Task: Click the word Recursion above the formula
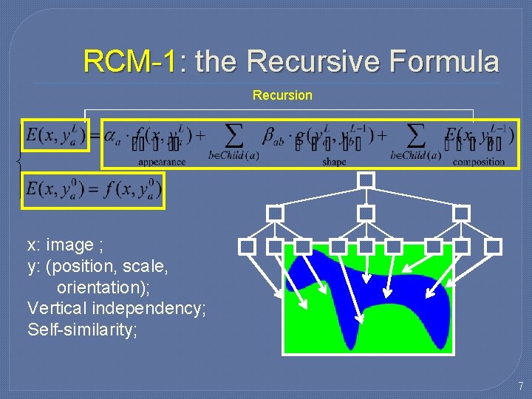(282, 95)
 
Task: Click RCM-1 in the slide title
(129, 61)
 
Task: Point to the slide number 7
(520, 386)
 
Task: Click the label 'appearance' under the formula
(161, 162)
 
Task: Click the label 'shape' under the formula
(334, 162)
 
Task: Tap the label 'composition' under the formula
(478, 162)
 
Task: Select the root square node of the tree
(366, 180)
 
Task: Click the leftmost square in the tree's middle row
(275, 213)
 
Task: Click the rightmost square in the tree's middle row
(461, 213)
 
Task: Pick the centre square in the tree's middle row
(366, 213)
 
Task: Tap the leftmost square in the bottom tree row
(248, 246)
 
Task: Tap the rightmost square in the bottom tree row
(494, 246)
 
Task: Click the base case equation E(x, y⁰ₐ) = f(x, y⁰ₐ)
(93, 190)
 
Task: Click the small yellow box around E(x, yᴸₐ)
(56, 135)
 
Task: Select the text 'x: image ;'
(61, 245)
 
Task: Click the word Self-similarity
(82, 330)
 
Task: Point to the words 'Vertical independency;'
(116, 308)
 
